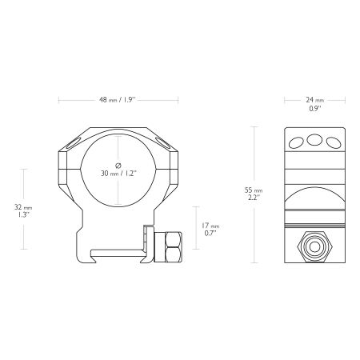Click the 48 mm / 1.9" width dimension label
(x=118, y=100)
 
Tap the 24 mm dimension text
(x=315, y=100)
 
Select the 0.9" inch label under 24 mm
(x=315, y=109)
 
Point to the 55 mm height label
(x=254, y=190)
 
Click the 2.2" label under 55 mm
(x=254, y=198)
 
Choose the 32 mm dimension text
(x=23, y=207)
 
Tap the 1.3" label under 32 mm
(x=23, y=214)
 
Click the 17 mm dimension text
(x=210, y=226)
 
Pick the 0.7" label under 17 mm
(x=210, y=233)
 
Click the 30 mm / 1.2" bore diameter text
(x=118, y=174)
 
